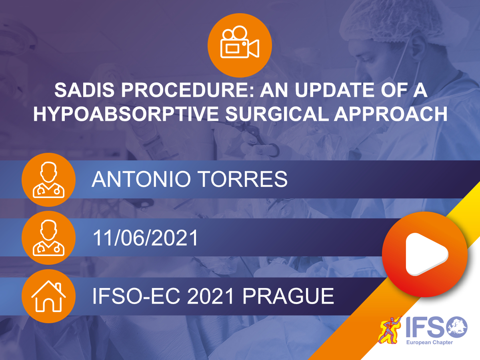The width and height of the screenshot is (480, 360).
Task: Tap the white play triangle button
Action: (425, 254)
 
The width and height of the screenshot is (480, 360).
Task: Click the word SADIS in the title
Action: (84, 90)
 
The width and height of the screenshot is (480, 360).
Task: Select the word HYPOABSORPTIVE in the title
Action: (126, 114)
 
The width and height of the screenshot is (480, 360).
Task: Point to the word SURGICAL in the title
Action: (277, 114)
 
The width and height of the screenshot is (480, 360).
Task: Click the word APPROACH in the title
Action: (391, 114)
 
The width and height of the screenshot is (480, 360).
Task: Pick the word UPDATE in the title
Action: (334, 90)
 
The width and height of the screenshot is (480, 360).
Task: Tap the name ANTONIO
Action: (141, 179)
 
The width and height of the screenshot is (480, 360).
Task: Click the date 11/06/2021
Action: (145, 238)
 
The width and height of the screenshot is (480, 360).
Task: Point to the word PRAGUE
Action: (288, 296)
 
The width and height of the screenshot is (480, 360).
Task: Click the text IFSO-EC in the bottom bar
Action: (136, 296)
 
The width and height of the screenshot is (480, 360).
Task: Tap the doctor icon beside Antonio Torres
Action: (48, 180)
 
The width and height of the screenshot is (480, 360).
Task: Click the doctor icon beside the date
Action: (48, 238)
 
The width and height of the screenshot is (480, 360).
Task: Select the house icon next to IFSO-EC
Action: (48, 296)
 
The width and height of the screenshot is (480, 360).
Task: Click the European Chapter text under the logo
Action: (430, 342)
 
